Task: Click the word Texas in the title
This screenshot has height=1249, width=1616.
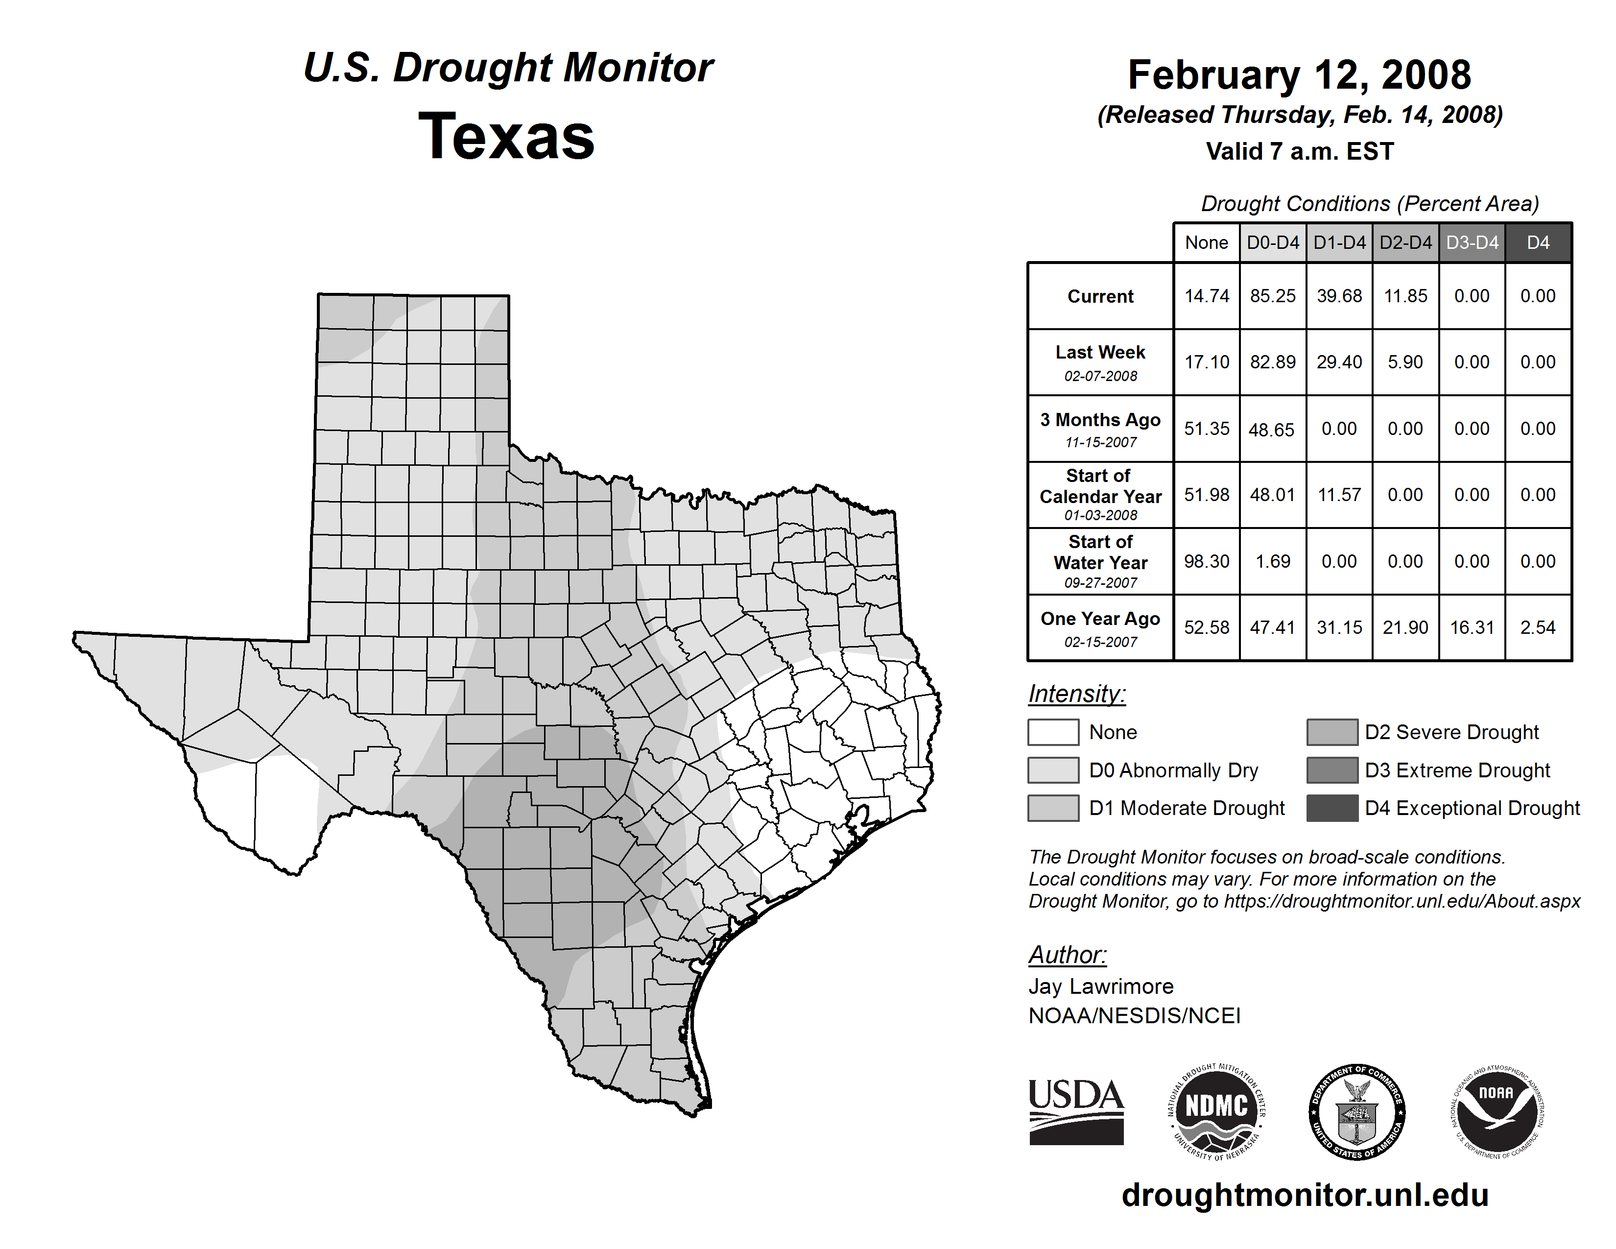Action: coord(506,137)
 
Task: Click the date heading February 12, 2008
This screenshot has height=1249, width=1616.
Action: coord(1299,75)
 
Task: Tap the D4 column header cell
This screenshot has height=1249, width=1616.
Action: coord(1538,242)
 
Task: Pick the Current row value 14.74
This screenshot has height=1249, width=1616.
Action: coord(1206,296)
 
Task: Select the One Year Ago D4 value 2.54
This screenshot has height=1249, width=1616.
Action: coord(1538,627)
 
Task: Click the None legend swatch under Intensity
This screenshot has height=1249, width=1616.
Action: coord(1053,732)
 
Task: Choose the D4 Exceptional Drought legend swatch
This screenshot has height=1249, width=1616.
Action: coord(1332,808)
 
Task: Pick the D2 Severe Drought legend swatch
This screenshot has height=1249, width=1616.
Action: coord(1332,732)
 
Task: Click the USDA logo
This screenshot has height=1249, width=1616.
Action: coord(1076,1111)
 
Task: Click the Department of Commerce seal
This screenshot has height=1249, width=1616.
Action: coord(1356,1111)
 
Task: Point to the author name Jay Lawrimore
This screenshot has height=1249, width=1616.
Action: coord(1101,986)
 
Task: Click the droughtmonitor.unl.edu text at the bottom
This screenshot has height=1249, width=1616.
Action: coord(1305,1195)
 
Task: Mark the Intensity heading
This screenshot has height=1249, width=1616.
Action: coord(1076,694)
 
